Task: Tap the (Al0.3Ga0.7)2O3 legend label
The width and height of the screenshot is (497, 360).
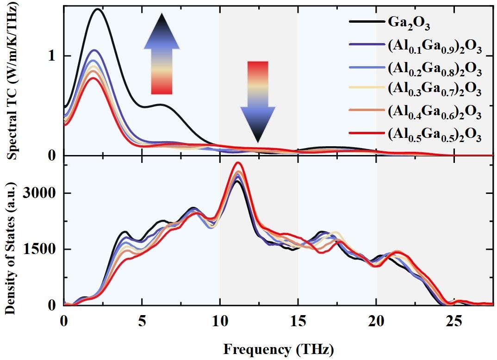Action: [435, 90]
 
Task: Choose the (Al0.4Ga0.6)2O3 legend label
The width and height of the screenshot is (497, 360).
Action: [435, 112]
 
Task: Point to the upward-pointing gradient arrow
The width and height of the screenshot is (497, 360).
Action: [162, 54]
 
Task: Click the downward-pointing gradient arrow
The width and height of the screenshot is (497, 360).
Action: [258, 101]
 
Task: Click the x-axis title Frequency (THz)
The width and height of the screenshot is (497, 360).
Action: [278, 348]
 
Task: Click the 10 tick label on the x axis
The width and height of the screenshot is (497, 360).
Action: [220, 320]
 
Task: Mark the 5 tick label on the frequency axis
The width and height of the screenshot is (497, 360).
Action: [142, 320]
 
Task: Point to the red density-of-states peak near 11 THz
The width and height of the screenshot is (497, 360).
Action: [238, 163]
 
